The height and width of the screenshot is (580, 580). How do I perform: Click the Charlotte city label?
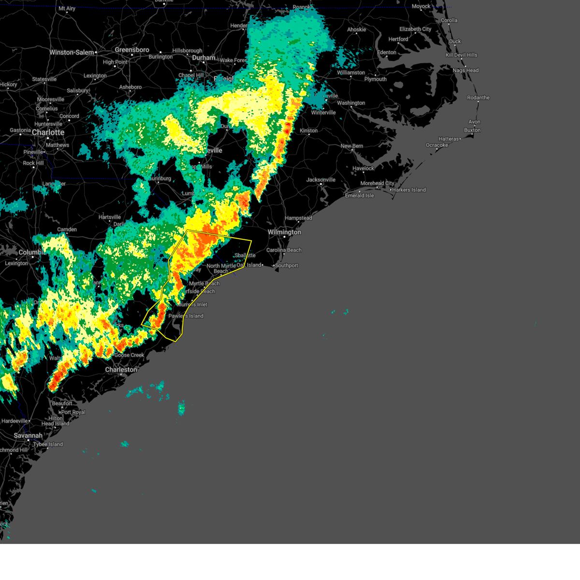tap(48, 132)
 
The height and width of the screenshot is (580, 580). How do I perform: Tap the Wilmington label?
tap(284, 232)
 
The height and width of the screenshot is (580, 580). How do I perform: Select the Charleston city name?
tap(121, 370)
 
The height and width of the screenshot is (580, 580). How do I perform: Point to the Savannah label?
tap(28, 435)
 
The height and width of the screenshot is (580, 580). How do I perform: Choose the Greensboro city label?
tap(132, 50)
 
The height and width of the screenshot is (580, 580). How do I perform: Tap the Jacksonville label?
tap(321, 180)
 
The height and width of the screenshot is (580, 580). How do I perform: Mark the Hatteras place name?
tap(449, 139)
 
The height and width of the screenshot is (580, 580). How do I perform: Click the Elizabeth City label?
tap(415, 29)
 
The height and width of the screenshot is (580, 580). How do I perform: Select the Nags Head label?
tap(465, 71)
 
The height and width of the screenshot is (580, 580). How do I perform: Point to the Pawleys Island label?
tap(186, 316)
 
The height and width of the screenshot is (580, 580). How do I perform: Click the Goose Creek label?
tap(129, 355)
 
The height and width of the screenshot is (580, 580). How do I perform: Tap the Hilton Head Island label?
tap(55, 421)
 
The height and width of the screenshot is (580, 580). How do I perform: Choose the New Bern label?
tap(352, 146)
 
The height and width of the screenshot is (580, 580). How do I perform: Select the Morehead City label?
tap(377, 184)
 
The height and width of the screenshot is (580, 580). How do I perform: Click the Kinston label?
tap(308, 130)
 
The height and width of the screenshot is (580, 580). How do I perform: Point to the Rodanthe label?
tap(478, 98)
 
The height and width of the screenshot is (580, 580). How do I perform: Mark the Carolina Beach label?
tap(284, 250)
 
